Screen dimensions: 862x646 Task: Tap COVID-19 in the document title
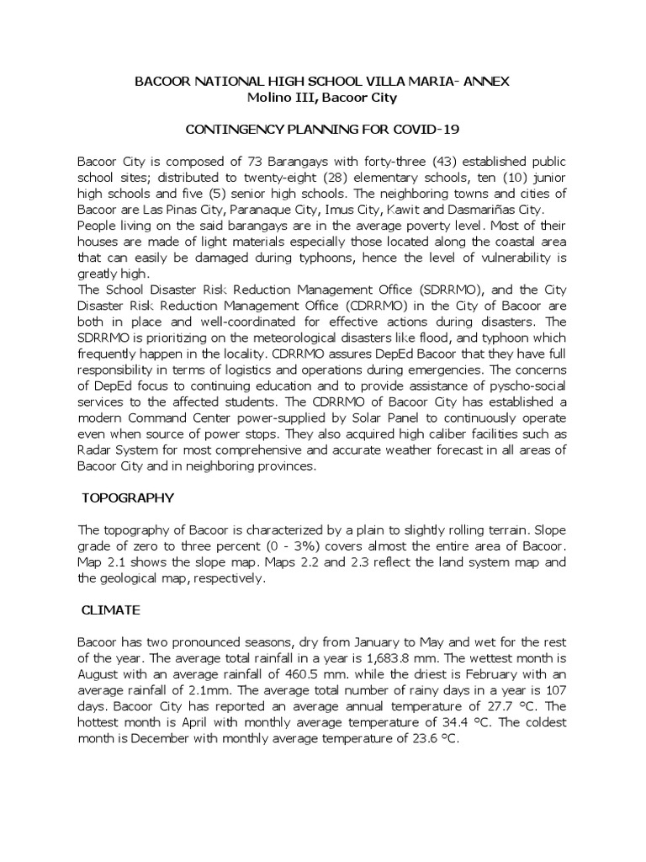[x=419, y=130]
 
